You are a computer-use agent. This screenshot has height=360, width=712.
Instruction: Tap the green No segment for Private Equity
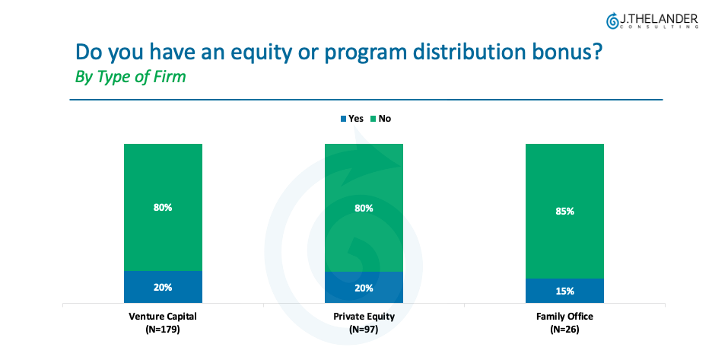364,183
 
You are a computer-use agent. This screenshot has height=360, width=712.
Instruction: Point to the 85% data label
564,211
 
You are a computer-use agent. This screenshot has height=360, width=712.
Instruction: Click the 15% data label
564,291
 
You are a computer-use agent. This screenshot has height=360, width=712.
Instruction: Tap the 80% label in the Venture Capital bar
163,207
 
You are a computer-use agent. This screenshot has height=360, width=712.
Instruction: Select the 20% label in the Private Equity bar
364,288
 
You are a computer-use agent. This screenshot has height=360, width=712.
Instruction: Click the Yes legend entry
351,119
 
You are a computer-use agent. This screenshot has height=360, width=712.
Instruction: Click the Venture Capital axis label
163,316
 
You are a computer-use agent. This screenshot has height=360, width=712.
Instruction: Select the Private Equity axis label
364,316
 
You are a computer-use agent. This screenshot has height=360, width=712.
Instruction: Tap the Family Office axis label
564,316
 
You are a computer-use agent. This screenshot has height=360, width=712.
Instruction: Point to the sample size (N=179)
163,329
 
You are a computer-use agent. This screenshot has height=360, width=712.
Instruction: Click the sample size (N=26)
564,329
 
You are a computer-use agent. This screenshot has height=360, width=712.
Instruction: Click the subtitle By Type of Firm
130,78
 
